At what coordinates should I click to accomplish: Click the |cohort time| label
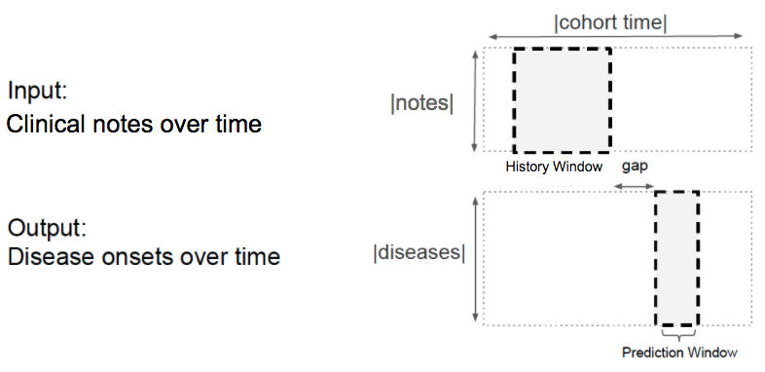tap(610, 22)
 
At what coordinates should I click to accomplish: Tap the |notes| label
tap(422, 103)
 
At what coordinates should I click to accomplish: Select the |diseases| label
tap(419, 252)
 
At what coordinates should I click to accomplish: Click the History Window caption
tap(554, 167)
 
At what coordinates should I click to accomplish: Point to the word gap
tap(635, 167)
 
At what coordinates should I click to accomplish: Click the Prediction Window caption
tap(679, 352)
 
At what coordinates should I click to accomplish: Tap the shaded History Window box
tap(562, 100)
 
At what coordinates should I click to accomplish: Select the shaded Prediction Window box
tap(677, 258)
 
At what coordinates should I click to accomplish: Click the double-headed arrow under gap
tap(634, 186)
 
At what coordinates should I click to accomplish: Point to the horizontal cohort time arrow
tap(615, 36)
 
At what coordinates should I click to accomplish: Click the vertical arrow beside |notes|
tap(475, 101)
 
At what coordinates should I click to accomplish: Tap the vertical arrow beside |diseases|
tap(476, 259)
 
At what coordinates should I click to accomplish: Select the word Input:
tap(37, 91)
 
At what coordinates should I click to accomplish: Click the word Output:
tap(47, 228)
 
